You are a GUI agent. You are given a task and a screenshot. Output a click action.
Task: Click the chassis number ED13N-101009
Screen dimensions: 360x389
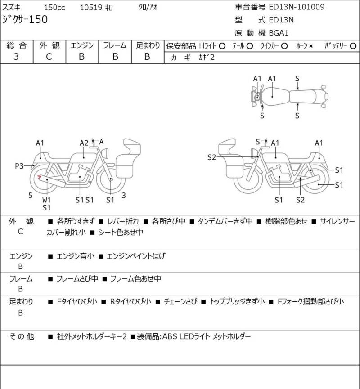297,7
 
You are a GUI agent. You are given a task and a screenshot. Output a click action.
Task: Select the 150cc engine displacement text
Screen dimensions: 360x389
54,8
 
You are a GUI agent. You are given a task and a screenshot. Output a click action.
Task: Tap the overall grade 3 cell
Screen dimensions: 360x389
16,57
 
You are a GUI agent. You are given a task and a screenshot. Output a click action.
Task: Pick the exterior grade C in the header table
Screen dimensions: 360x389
49,57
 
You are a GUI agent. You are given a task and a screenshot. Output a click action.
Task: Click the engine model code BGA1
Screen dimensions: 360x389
279,33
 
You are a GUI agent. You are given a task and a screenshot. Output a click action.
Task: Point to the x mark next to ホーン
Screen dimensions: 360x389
311,46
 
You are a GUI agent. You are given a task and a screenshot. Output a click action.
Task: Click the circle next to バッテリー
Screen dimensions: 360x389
353,46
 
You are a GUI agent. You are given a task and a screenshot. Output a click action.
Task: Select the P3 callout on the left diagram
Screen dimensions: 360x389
19,166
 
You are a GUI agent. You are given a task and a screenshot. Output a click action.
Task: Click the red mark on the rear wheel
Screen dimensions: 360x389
39,177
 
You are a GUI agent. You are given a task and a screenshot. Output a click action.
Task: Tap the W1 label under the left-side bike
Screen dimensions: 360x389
46,200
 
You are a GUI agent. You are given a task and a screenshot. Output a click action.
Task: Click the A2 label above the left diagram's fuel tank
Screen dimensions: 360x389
84,143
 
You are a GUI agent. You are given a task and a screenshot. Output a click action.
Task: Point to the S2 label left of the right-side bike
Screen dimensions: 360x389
211,157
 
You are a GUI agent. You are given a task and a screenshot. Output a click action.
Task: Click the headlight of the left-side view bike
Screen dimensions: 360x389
105,152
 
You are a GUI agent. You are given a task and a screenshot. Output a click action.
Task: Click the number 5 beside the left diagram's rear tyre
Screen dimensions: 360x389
30,196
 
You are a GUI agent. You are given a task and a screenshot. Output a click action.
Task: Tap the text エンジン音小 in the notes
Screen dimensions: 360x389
76,256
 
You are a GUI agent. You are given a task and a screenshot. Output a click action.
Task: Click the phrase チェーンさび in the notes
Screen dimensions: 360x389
180,301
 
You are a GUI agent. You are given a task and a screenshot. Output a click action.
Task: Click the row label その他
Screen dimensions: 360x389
22,336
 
